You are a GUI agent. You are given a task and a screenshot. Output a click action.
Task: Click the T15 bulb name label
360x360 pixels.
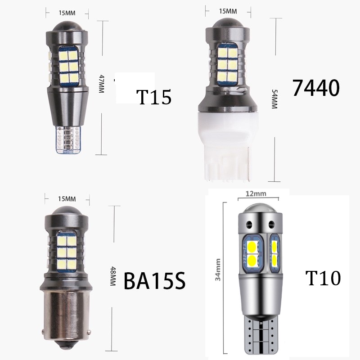coord(154,97)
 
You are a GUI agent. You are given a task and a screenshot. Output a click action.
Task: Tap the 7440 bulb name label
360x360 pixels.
coord(316,88)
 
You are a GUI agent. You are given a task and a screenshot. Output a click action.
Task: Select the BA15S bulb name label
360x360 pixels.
coord(154,280)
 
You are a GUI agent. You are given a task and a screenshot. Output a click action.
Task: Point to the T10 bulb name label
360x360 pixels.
coord(323,278)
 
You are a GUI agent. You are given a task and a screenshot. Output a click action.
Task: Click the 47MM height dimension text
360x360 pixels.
coord(101,84)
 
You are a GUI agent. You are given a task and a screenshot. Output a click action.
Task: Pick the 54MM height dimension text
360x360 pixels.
coord(274,99)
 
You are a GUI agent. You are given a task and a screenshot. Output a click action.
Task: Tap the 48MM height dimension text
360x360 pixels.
coord(112,276)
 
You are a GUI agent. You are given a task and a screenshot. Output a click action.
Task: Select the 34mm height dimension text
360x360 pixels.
coord(218,270)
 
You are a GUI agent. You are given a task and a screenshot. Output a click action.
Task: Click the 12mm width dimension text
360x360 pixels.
coord(256,193)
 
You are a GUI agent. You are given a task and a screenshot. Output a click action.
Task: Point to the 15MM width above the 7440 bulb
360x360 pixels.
coord(228,11)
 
